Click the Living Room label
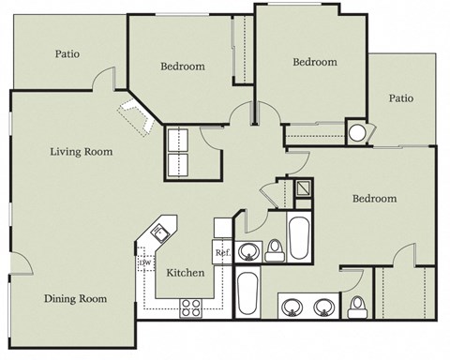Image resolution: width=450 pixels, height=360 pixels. tap(82, 151)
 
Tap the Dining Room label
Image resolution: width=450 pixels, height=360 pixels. tap(75, 299)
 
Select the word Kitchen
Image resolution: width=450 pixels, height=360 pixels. tap(187, 273)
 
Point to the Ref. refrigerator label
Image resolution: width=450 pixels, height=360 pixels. tap(223, 253)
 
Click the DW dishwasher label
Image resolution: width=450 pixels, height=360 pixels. tap(146, 264)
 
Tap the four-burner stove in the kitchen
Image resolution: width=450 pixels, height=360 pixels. tap(193, 306)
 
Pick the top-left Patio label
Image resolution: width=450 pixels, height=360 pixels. tap(66, 53)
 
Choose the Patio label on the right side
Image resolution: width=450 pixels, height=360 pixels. tap(401, 97)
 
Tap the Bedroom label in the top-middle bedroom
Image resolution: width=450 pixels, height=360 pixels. tap(314, 63)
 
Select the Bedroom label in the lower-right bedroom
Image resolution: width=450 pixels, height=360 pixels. tap(374, 199)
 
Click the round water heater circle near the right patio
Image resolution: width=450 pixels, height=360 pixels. tap(357, 132)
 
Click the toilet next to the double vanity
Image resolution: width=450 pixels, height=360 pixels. tap(357, 306)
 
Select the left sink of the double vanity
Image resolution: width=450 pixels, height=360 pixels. tap(293, 306)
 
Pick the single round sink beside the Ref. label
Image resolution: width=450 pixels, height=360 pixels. tap(248, 251)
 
